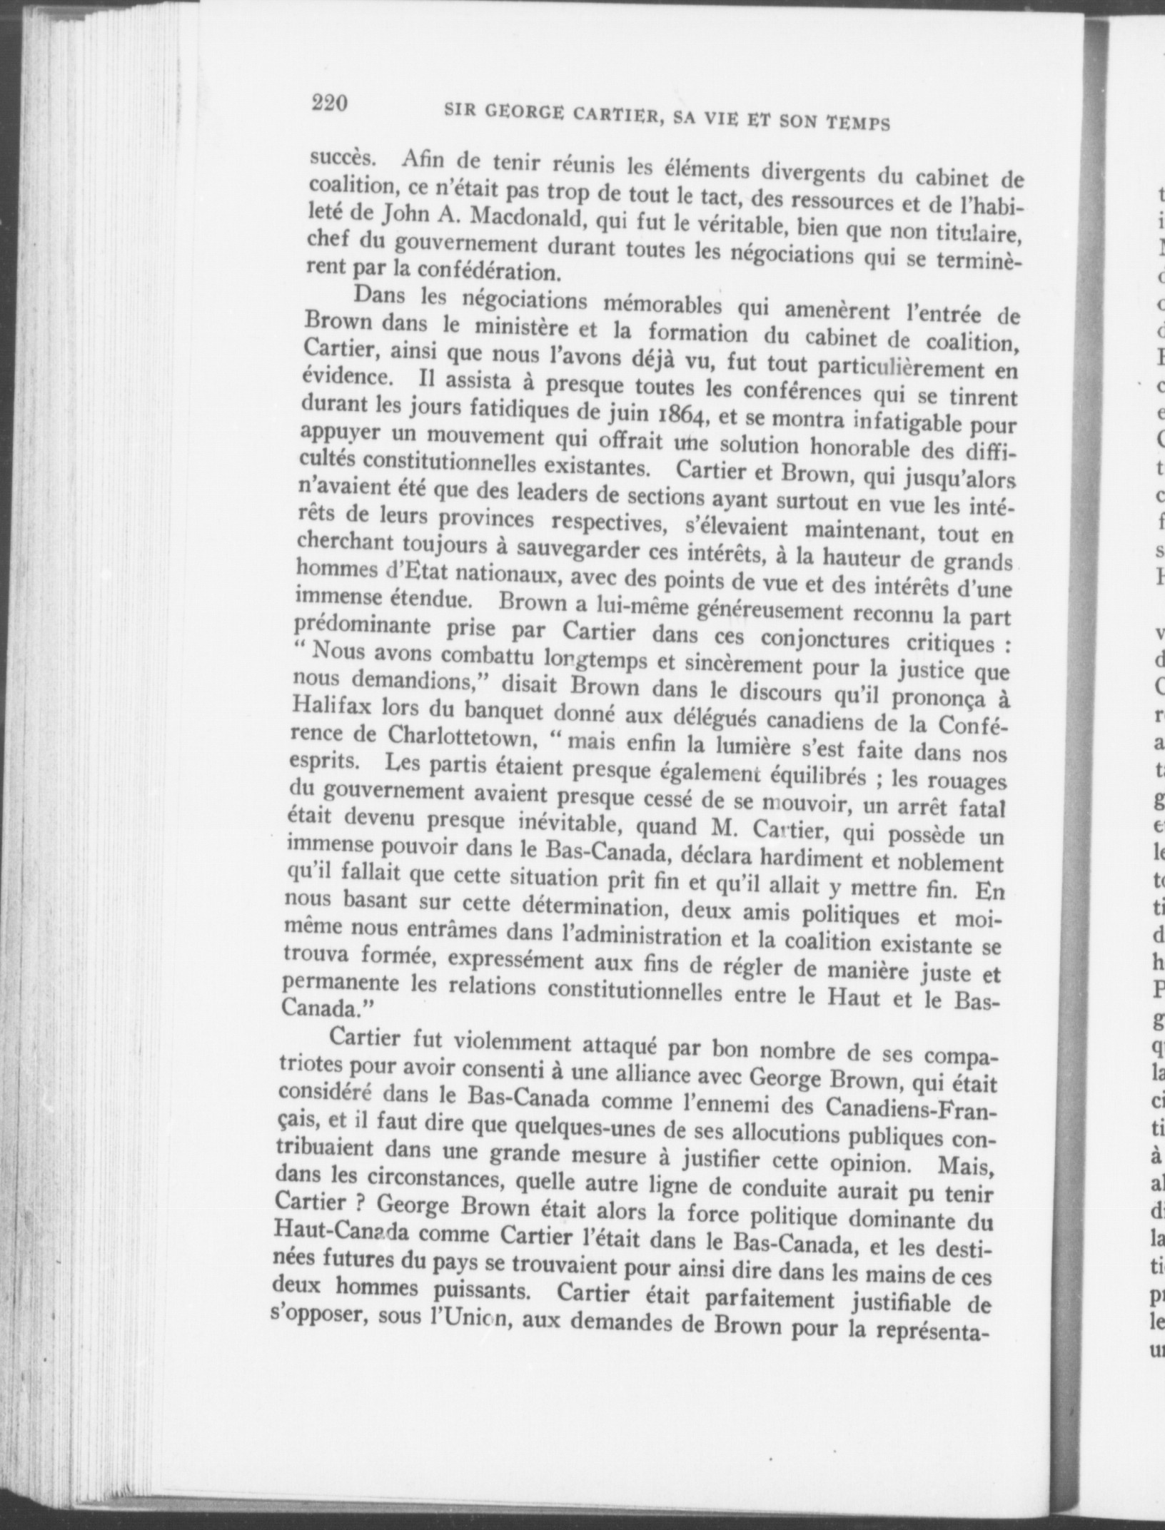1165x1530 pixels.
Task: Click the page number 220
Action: coord(329,104)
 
